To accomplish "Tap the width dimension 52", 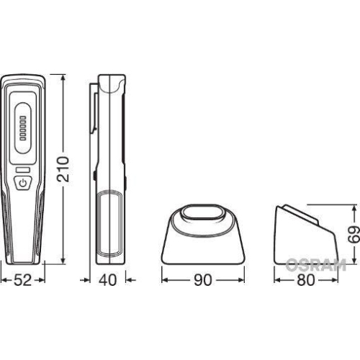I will pos(24,281).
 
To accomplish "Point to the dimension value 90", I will pos(203,281).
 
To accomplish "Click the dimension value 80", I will pos(306,281).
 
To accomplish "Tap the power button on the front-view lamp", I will pos(24,184).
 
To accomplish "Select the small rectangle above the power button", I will pos(24,170).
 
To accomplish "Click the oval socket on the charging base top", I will pos(204,215).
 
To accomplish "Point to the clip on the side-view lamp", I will pos(94,108).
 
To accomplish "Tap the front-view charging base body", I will pos(204,241).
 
